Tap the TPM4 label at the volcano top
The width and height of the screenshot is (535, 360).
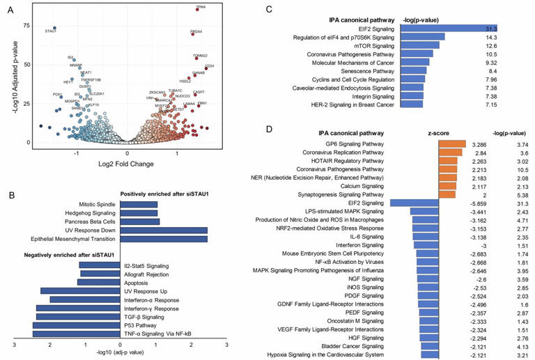click(x=201, y=7)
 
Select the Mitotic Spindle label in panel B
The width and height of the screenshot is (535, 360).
click(x=96, y=204)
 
